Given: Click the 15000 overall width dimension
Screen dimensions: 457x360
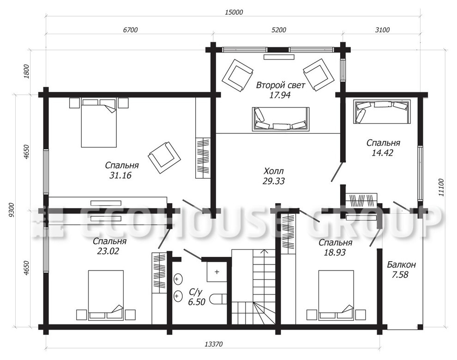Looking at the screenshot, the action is click(x=234, y=12).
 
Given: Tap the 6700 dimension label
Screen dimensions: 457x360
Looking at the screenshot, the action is click(x=130, y=30).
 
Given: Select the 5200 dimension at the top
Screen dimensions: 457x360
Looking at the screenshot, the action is click(x=279, y=30).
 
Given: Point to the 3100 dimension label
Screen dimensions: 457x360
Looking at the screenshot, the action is click(x=382, y=30).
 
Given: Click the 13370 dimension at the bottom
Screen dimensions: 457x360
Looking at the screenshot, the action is click(x=214, y=344).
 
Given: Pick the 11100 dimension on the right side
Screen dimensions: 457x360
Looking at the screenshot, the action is click(x=442, y=187).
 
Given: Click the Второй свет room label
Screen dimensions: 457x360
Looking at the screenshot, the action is click(x=280, y=85).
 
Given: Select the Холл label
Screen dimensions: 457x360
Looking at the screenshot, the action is click(x=273, y=171).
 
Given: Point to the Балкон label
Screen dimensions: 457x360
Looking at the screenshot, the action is click(x=401, y=264).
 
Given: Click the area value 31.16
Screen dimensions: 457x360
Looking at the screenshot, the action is click(x=120, y=175).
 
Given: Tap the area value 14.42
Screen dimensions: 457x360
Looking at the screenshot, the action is click(x=382, y=152).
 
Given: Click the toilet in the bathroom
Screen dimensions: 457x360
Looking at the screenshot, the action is click(x=218, y=299).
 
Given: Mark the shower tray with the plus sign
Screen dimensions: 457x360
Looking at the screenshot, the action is click(x=217, y=272).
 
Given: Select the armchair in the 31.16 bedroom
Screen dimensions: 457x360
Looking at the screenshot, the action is click(x=164, y=158).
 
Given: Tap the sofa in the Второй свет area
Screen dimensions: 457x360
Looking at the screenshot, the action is click(x=280, y=120).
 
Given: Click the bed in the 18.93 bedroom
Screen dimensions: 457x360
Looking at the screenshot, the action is click(x=336, y=295).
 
